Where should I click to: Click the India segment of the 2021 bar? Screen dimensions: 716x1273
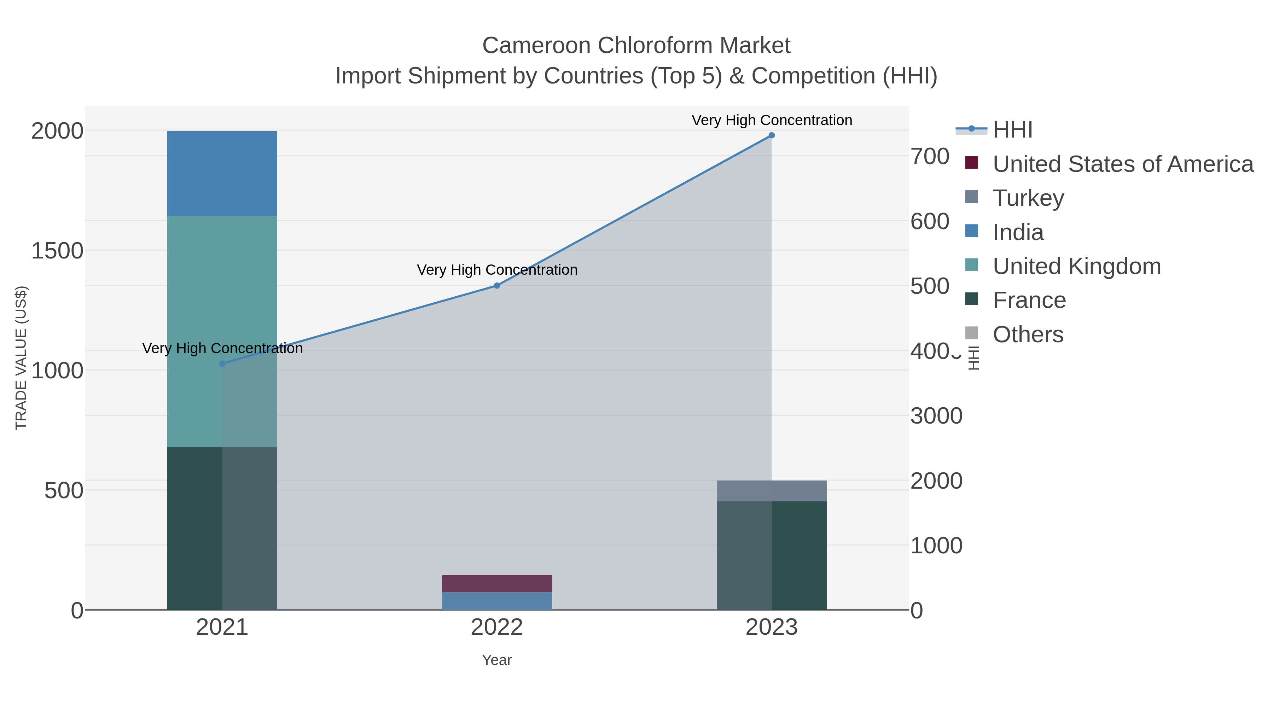(222, 174)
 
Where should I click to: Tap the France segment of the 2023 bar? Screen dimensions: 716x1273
(772, 555)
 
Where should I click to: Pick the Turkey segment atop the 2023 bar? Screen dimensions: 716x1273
(772, 491)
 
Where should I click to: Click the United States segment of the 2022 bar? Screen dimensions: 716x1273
(497, 583)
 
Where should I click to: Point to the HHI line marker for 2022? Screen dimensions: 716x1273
(497, 286)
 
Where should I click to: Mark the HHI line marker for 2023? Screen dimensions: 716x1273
(772, 135)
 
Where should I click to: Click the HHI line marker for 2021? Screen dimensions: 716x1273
(222, 364)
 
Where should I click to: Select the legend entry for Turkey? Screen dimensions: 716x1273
(1028, 198)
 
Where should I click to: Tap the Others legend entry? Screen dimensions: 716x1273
(1028, 334)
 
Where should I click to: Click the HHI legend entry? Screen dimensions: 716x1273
(1012, 130)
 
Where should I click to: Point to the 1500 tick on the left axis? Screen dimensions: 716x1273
(57, 251)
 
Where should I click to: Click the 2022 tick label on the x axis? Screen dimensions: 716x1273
(497, 628)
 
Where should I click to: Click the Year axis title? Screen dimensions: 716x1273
(497, 660)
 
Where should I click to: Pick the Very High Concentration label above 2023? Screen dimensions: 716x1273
(772, 120)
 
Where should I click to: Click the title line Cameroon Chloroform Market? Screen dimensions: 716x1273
(636, 46)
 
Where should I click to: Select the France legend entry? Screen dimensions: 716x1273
(1029, 301)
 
